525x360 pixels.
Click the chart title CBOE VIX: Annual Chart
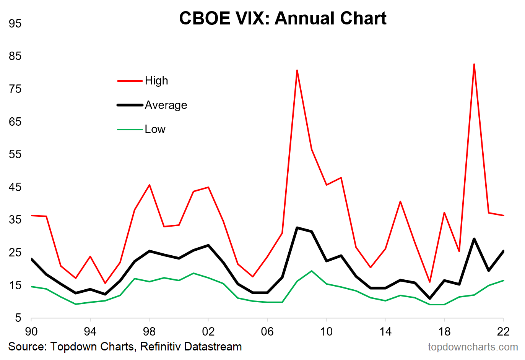(283, 18)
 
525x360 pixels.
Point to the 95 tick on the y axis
(15, 24)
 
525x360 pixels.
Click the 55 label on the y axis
(15, 154)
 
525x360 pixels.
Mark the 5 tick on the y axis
(18, 318)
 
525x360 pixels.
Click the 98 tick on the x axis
(149, 331)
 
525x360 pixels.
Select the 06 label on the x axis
(267, 331)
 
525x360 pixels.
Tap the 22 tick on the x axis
(503, 331)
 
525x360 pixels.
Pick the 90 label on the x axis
(31, 331)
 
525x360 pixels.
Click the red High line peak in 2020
(474, 64)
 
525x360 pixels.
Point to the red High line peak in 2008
(297, 70)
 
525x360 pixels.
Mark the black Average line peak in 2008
(297, 228)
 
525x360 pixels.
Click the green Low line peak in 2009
(312, 271)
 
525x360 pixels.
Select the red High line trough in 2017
(430, 282)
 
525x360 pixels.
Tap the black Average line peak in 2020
(474, 239)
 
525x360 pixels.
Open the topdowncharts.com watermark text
(473, 347)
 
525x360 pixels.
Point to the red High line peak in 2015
(400, 201)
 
